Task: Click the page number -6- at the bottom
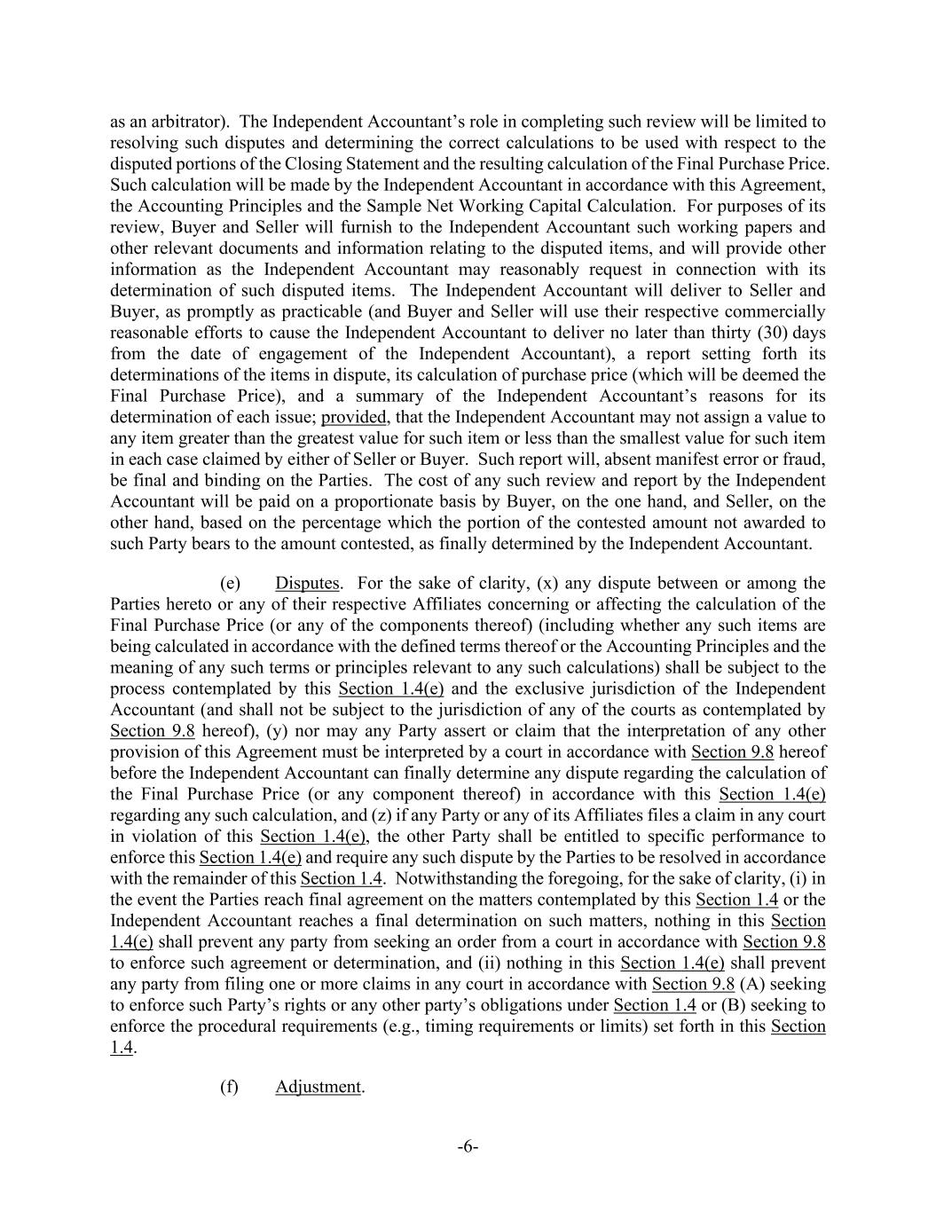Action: tap(468, 1147)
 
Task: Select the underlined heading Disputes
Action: tap(307, 584)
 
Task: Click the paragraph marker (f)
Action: tap(230, 1087)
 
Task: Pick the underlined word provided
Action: tap(354, 417)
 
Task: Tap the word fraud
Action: tap(804, 460)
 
